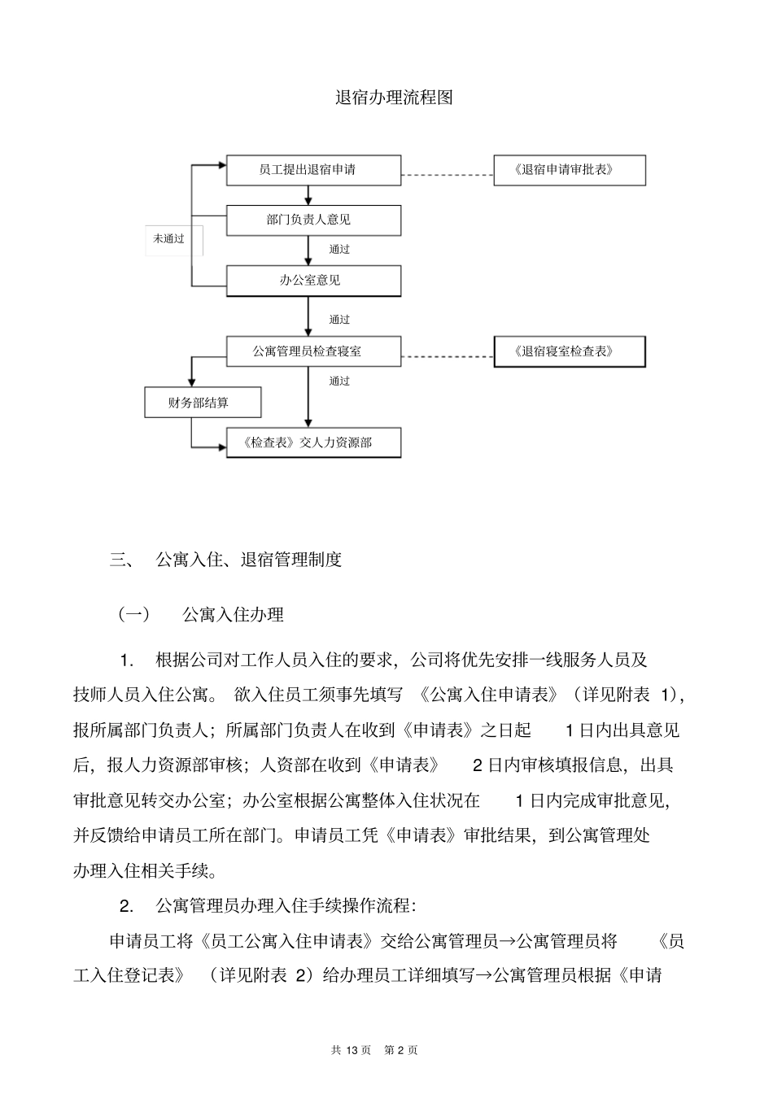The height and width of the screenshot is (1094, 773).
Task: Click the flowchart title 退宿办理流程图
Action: (394, 98)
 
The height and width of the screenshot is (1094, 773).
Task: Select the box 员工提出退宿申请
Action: (313, 170)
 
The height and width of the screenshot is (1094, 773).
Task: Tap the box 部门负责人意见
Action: (313, 220)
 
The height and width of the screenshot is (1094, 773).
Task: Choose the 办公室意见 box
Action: (313, 281)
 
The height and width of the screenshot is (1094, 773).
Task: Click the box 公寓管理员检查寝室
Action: (313, 351)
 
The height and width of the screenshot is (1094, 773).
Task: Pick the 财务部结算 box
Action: (203, 403)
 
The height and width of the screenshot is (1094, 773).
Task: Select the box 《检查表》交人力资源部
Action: (313, 442)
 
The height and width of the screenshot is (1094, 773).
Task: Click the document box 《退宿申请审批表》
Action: (570, 170)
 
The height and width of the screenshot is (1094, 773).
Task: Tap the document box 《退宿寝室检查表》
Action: (570, 351)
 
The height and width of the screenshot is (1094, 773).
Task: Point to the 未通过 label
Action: (169, 239)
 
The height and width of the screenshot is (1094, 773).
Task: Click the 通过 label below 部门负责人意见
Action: (339, 250)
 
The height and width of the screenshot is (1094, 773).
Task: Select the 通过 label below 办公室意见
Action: (339, 320)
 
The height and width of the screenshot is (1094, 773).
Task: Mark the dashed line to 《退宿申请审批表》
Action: (448, 174)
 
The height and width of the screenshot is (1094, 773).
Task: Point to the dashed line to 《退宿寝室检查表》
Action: (448, 355)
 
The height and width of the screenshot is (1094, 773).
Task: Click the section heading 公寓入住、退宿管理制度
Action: (249, 560)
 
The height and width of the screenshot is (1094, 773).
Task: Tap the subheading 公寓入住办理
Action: (233, 615)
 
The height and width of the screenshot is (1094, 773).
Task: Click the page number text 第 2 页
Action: (401, 1050)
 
